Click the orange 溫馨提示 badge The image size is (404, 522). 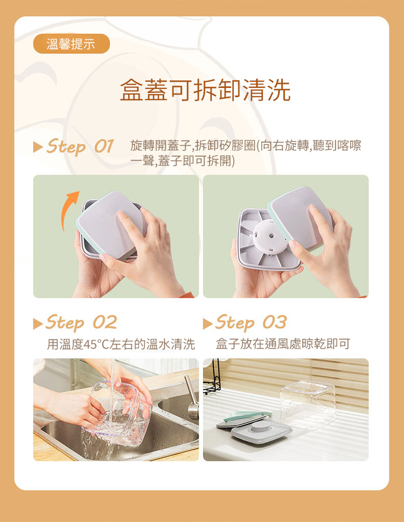tap(71, 44)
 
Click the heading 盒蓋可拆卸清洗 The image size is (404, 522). tap(205, 90)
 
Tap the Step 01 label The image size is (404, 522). tap(80, 147)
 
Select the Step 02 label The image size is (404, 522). tap(81, 322)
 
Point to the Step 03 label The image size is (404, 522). tap(251, 322)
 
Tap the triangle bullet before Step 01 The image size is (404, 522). tap(38, 147)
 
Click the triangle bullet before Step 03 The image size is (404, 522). tap(208, 324)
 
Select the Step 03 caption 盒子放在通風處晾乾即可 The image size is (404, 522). tap(283, 344)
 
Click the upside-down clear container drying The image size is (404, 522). tap(308, 403)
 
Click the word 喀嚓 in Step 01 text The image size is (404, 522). tap(349, 145)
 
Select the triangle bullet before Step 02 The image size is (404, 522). tap(38, 324)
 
